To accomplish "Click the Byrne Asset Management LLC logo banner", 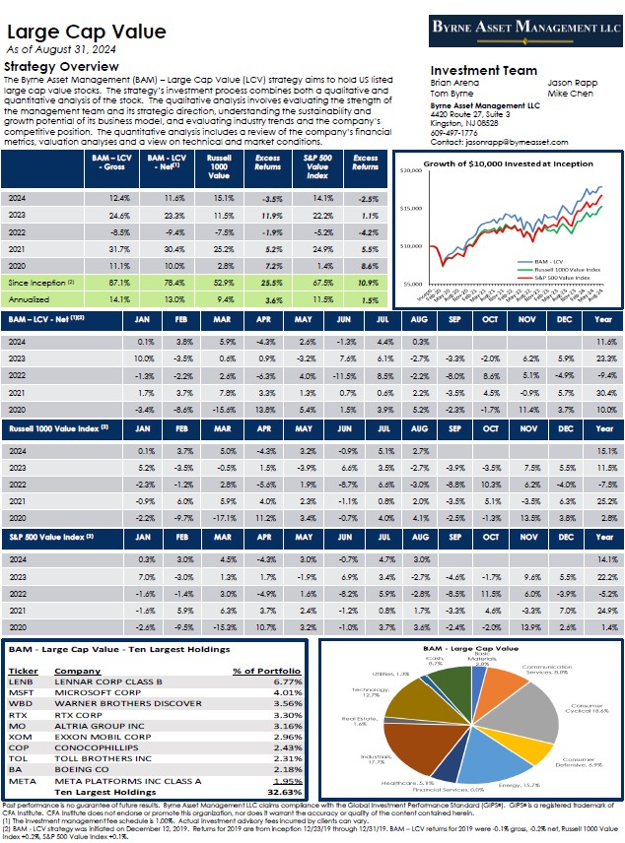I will [520, 29].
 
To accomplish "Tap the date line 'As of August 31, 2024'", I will [60, 48].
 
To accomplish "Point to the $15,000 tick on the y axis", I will [411, 208].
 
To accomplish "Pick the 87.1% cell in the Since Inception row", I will [106, 282].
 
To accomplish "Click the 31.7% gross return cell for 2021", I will [106, 250].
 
